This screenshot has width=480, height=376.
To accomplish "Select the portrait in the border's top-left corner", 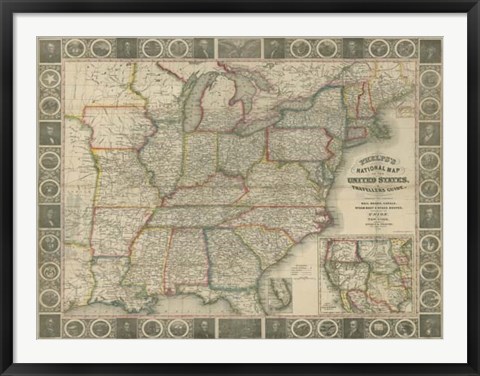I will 49,49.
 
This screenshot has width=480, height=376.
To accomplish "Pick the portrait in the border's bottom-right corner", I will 430,326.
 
